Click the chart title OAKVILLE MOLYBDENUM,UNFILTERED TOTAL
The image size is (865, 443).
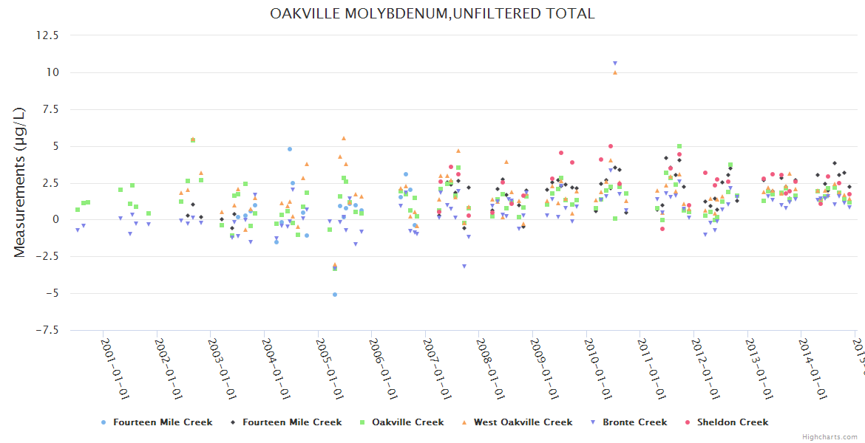coord(432,13)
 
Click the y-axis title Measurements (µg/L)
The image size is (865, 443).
coord(20,182)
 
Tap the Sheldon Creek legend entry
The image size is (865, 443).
coord(732,422)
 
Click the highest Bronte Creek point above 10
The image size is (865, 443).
coord(614,63)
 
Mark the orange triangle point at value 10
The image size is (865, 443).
coord(614,72)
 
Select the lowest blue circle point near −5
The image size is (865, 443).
coord(334,295)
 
